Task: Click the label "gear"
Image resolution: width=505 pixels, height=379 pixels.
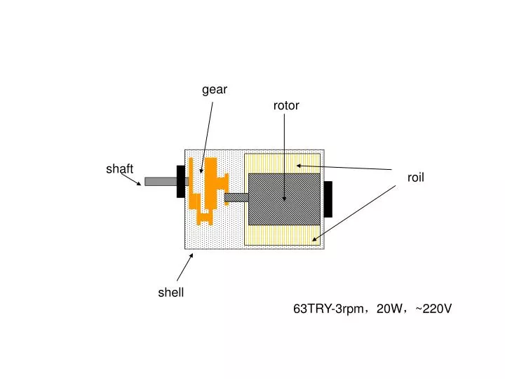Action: [215, 90]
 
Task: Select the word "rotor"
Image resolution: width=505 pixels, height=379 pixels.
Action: [286, 105]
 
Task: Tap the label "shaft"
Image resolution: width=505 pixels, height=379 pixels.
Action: [119, 168]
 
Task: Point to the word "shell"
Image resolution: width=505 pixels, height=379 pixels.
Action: [170, 292]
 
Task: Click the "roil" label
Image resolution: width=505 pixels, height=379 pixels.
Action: [415, 178]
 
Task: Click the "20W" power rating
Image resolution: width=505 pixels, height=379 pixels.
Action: [389, 309]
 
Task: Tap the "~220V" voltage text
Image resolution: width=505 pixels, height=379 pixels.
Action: [433, 309]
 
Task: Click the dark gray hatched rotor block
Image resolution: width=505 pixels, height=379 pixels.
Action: [284, 199]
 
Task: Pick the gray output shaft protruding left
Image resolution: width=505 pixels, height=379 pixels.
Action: [161, 182]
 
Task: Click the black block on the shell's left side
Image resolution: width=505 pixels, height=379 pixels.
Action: [181, 182]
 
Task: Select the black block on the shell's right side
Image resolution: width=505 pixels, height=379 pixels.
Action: [328, 199]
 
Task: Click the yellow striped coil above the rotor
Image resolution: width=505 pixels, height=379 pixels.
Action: [283, 164]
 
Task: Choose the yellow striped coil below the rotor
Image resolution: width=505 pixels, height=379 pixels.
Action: [283, 235]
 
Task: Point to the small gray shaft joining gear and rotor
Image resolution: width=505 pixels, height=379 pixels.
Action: [236, 197]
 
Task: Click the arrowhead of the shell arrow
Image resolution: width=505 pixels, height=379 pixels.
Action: [191, 255]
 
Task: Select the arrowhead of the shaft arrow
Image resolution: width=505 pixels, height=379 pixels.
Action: [139, 184]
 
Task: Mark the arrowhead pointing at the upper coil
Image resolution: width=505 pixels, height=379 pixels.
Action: [299, 166]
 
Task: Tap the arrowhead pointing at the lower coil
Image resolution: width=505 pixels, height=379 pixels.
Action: [314, 239]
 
